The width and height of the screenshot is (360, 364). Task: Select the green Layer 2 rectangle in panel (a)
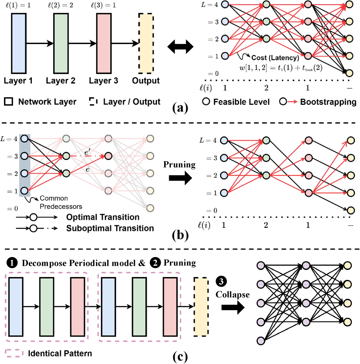tap(61, 43)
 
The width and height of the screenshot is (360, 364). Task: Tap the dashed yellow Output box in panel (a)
tap(146, 43)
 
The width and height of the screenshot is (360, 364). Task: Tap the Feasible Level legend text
tap(241, 102)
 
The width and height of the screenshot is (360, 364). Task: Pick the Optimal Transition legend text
tap(103, 217)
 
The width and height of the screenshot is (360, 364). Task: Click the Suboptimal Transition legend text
tap(110, 228)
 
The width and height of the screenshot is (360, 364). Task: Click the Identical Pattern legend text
tap(60, 352)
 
